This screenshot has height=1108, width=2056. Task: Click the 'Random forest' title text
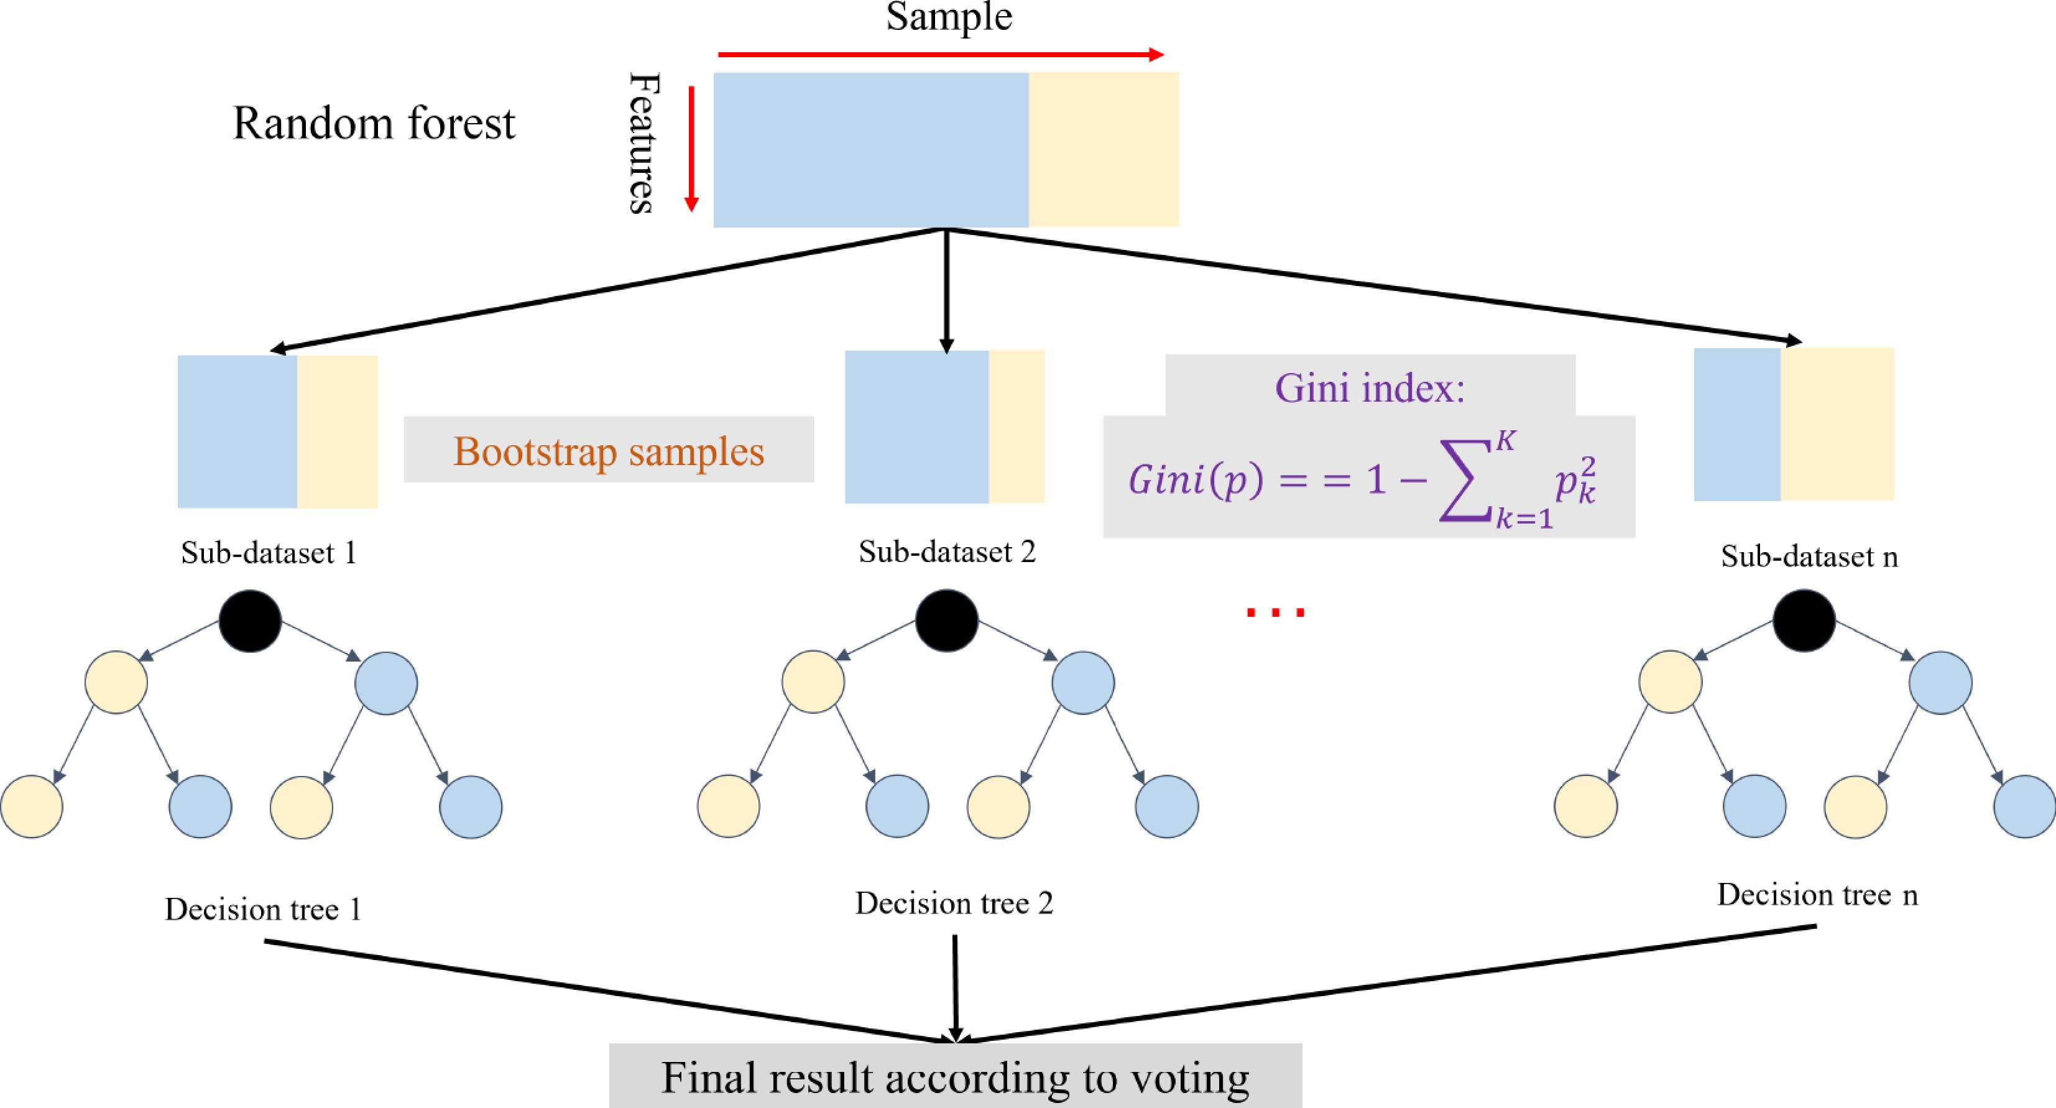point(374,124)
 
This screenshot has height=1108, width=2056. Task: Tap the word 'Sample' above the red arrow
point(948,17)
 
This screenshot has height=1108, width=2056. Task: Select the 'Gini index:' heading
point(1370,389)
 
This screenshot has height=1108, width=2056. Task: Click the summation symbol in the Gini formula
point(1465,484)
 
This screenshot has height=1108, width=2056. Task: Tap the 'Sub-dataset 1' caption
point(268,552)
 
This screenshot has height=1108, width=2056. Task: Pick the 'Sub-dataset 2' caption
point(947,552)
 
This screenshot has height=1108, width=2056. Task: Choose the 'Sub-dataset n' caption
point(1809,556)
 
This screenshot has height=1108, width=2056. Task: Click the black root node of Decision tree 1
point(250,621)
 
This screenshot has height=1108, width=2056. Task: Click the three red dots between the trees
point(1275,613)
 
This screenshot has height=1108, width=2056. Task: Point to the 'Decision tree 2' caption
point(954,903)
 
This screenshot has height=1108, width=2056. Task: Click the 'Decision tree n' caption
point(1817,895)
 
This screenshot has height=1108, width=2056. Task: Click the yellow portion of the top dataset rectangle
point(1103,149)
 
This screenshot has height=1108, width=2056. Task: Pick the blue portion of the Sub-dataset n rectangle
point(1736,425)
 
